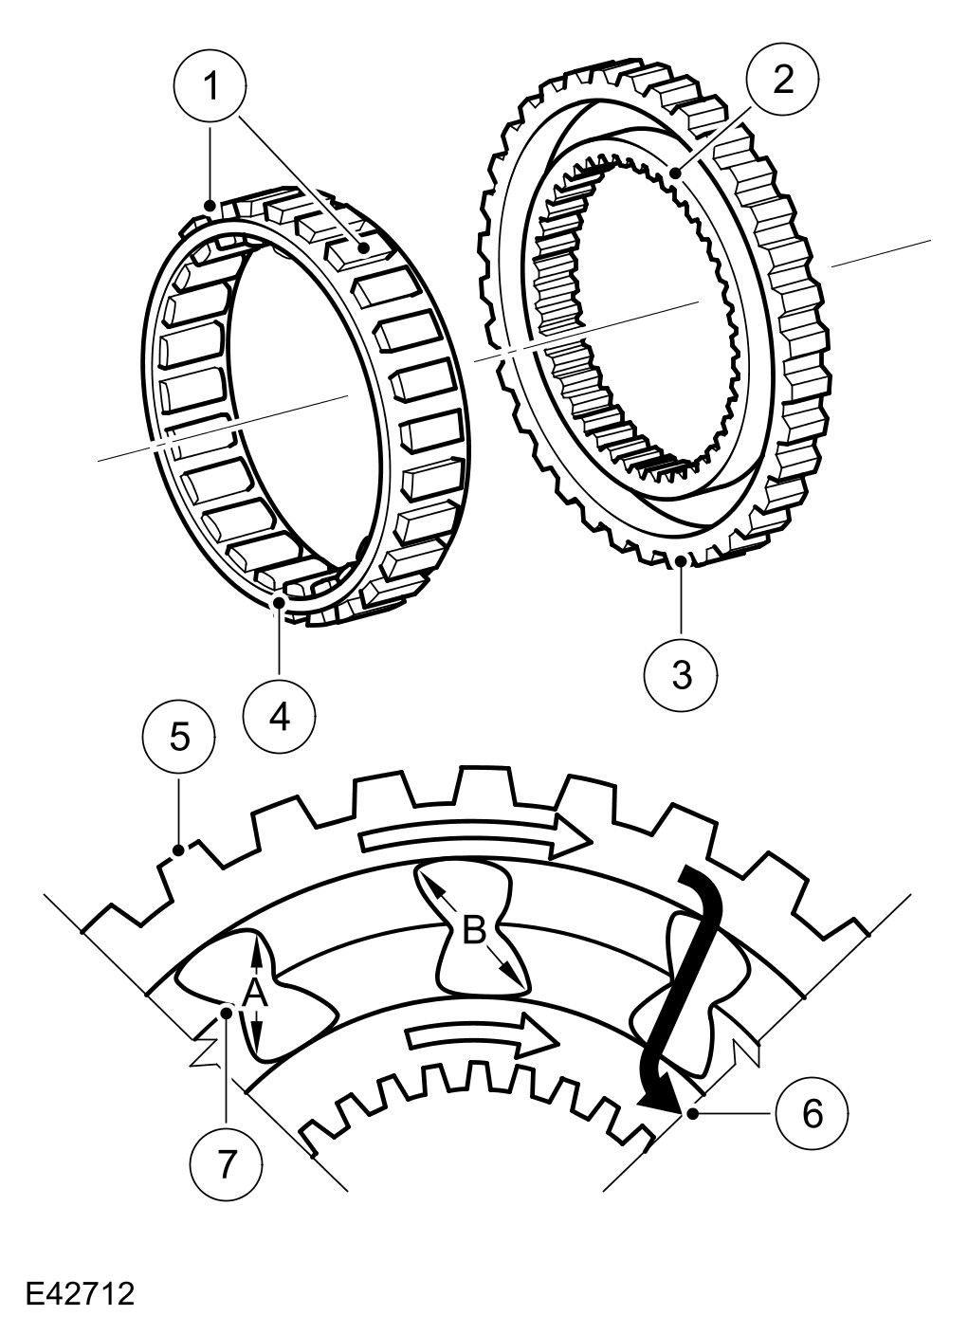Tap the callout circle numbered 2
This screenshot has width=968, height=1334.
pos(783,80)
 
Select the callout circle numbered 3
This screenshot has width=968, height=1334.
pos(682,675)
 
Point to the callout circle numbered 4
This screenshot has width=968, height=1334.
pos(280,718)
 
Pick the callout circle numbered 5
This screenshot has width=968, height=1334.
pos(179,737)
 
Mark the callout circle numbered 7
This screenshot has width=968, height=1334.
pos(226,1163)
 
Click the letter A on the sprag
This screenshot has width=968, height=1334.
pos(254,994)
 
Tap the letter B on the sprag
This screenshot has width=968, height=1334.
pos(474,930)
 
